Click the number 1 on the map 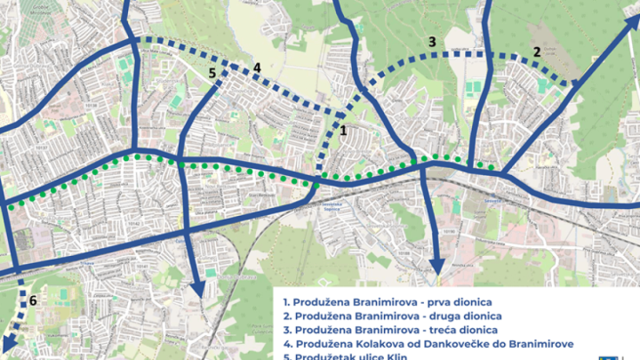click(344, 130)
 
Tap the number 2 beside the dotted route click(537, 52)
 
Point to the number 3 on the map click(431, 42)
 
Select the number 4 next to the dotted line click(257, 68)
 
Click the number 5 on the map click(212, 74)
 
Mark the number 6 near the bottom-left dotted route click(33, 300)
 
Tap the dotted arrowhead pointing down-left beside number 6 click(7, 347)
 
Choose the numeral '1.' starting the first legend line click(286, 300)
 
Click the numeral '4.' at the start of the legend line click(286, 345)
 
